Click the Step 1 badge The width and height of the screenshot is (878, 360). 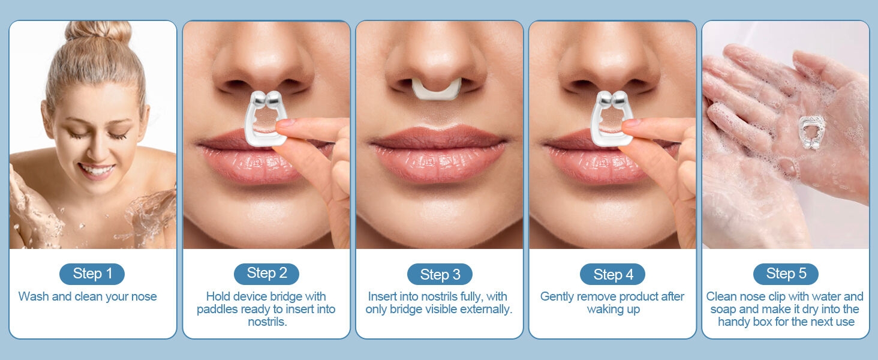[92, 274]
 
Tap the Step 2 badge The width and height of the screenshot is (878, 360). [266, 274]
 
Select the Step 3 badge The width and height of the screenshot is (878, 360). [440, 275]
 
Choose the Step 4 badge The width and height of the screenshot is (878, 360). [612, 275]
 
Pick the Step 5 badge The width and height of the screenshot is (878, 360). [786, 274]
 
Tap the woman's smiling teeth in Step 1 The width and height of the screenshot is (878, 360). [96, 169]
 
